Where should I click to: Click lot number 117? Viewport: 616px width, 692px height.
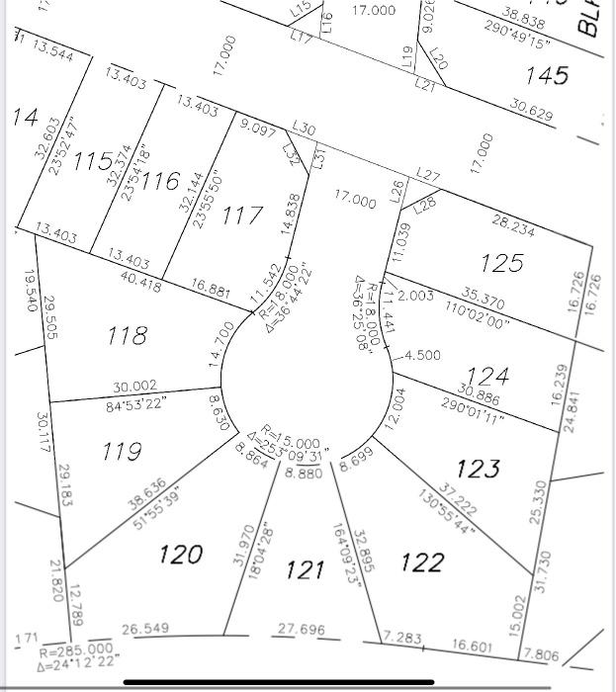pos(242,215)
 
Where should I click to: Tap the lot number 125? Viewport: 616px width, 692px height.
pos(501,263)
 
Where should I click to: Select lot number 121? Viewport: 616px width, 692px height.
pos(306,569)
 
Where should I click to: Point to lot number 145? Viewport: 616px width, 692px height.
pos(547,75)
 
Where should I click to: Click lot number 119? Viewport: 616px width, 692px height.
pos(122,452)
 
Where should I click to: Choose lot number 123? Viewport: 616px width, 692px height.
pos(479,468)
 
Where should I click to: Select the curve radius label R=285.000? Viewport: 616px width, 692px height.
pos(76,649)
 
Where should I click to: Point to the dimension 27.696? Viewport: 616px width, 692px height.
pos(302,629)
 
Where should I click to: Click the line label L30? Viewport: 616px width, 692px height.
pos(305,130)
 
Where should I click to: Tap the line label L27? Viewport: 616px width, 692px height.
pos(428,175)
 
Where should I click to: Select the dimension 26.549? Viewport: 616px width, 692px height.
pos(145,629)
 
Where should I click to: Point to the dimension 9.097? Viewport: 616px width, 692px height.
pos(258,126)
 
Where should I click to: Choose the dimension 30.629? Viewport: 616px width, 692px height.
pos(532,113)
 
